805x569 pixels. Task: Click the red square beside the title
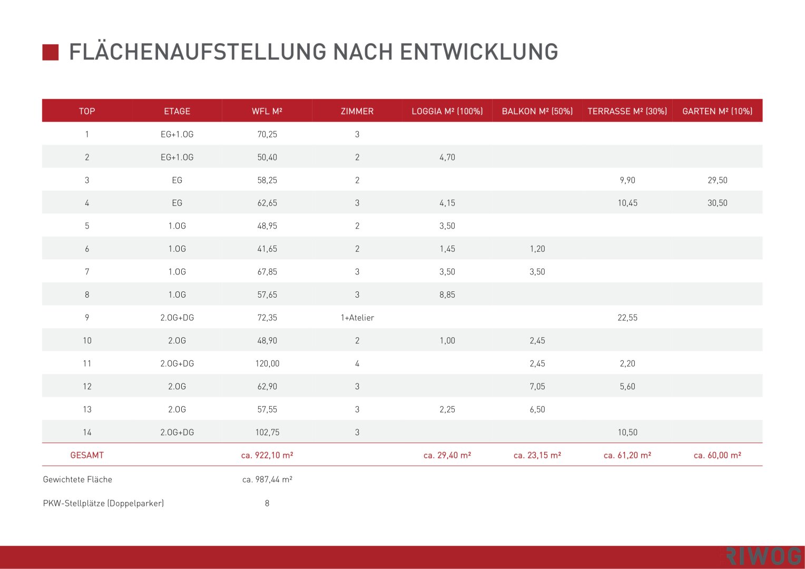[51, 52]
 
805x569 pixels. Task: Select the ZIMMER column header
[357, 111]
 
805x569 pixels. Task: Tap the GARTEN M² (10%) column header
[717, 111]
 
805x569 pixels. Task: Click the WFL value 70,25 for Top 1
[267, 134]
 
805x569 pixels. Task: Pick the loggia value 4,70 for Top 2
[447, 157]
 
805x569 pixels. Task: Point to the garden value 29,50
[717, 180]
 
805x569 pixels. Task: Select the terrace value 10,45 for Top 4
[627, 203]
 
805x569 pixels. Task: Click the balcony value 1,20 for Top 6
[537, 249]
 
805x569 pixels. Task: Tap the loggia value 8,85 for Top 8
[447, 295]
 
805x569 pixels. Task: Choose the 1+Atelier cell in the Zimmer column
[357, 318]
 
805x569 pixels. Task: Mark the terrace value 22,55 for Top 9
[627, 318]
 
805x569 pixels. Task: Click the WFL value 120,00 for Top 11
[267, 364]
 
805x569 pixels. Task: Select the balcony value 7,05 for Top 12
[537, 386]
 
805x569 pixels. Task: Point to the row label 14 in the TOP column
[87, 432]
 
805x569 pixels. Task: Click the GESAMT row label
[87, 455]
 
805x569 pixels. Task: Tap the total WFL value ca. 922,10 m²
[267, 455]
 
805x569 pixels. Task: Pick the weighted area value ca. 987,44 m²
[267, 479]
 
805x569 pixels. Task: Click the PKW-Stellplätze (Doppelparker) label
[103, 503]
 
